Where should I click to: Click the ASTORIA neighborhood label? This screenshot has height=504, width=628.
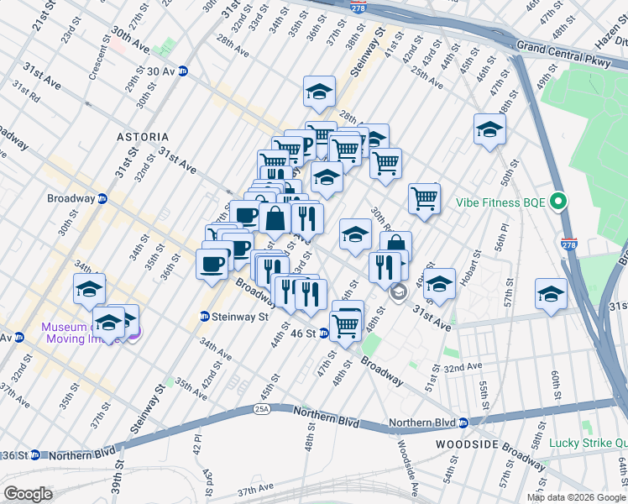144,136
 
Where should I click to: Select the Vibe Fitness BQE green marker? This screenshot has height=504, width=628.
558,202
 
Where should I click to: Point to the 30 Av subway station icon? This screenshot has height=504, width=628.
182,71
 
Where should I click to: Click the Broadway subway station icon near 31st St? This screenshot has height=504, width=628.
102,199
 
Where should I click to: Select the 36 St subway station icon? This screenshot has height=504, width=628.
34,455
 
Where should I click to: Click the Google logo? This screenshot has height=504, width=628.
28,494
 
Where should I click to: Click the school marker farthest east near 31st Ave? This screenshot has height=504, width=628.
551,294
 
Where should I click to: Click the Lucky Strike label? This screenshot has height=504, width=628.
588,444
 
